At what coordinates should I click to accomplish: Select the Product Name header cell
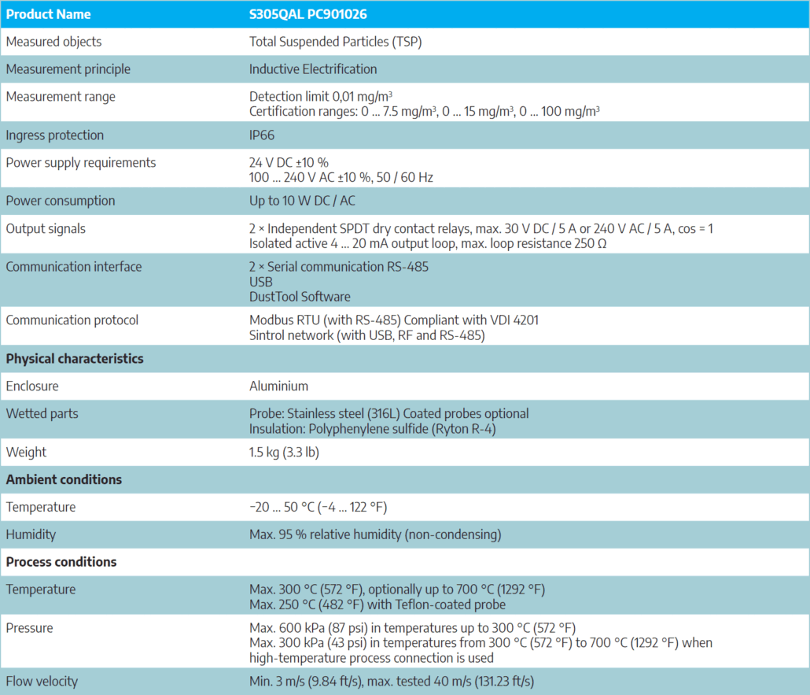click(x=48, y=14)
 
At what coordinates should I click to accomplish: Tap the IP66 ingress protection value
click(x=262, y=135)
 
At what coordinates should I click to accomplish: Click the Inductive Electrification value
click(x=313, y=69)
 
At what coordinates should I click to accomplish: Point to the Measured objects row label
click(x=53, y=42)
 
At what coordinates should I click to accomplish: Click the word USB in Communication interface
click(x=260, y=282)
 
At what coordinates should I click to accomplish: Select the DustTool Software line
click(x=300, y=297)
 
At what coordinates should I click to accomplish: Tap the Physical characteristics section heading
click(x=75, y=358)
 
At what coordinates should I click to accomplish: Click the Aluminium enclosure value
click(x=278, y=386)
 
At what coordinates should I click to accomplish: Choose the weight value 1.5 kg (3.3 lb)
click(x=284, y=452)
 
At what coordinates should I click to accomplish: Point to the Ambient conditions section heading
click(x=64, y=479)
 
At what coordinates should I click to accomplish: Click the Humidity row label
click(x=31, y=534)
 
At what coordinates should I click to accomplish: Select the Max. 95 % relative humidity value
click(x=374, y=534)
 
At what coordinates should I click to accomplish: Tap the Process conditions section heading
click(x=61, y=562)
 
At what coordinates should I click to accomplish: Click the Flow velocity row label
click(x=42, y=681)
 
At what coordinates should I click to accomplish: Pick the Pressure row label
click(x=29, y=628)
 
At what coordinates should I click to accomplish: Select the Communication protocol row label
click(x=72, y=320)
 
